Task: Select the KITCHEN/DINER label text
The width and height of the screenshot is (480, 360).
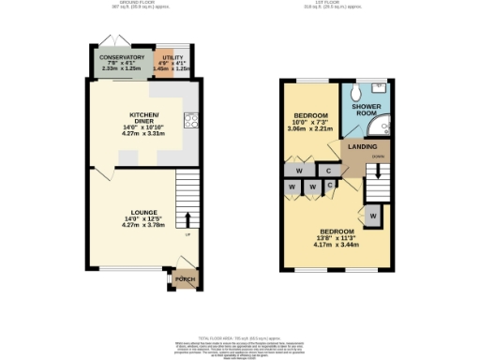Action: [x=144, y=117]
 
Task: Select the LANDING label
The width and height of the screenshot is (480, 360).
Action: [x=362, y=147]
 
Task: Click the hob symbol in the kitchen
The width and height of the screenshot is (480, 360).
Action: [x=191, y=119]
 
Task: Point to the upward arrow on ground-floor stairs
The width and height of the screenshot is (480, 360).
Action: [x=187, y=219]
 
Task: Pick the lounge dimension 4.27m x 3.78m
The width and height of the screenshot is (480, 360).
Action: [x=138, y=225]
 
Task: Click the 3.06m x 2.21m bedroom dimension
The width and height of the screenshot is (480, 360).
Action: [x=311, y=133]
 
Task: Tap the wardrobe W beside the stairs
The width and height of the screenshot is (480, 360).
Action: [x=372, y=217]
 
